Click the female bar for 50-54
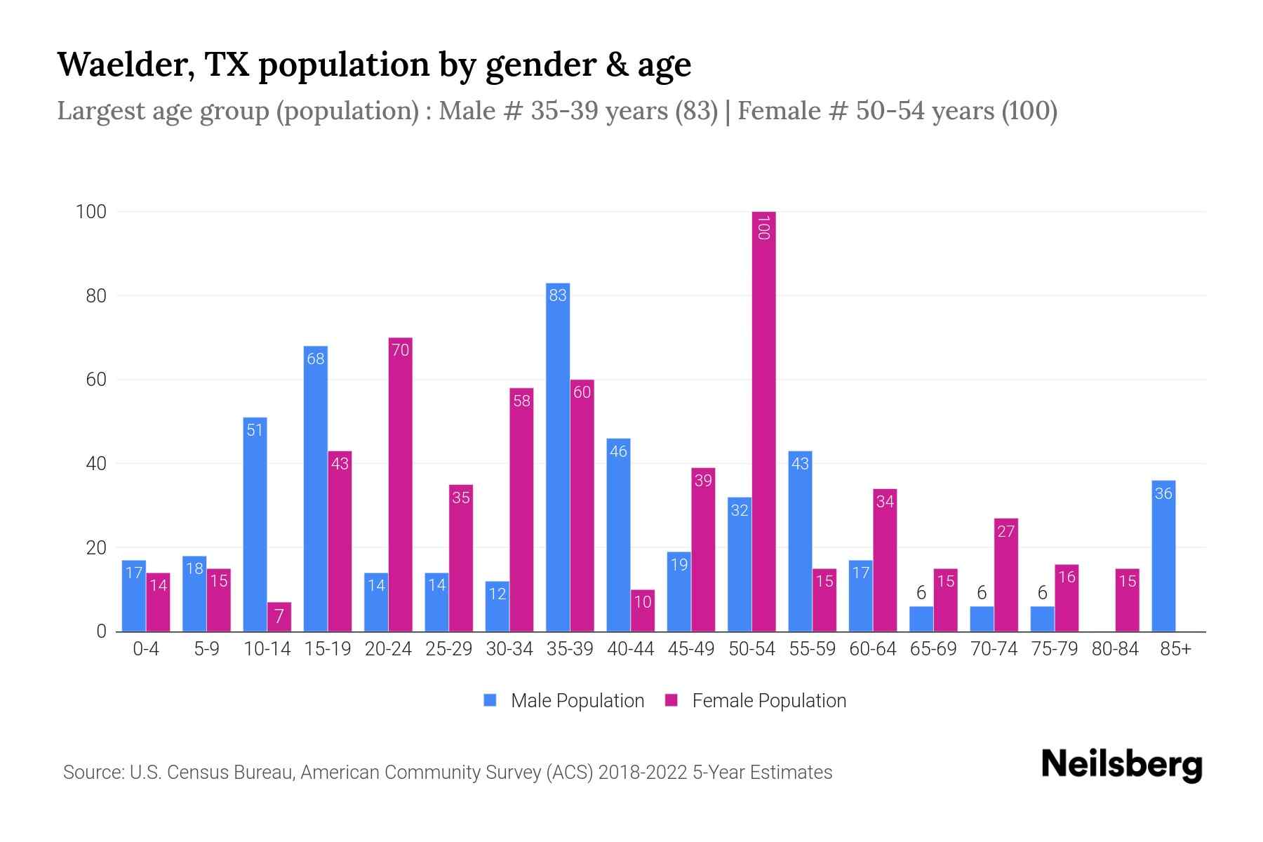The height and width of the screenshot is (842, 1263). click(763, 421)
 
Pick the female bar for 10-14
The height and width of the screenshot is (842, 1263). click(279, 617)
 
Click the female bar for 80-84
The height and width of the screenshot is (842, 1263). click(1127, 600)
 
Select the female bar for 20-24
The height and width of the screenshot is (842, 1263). click(400, 484)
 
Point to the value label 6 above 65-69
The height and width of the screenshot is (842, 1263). click(921, 594)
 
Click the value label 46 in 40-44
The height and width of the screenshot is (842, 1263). click(618, 451)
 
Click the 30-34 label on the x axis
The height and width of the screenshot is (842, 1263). click(509, 649)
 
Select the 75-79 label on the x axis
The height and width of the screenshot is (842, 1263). click(1054, 649)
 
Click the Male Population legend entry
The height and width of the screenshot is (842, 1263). click(577, 701)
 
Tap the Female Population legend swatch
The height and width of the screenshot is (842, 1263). click(671, 700)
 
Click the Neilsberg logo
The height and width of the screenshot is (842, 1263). click(1121, 765)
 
